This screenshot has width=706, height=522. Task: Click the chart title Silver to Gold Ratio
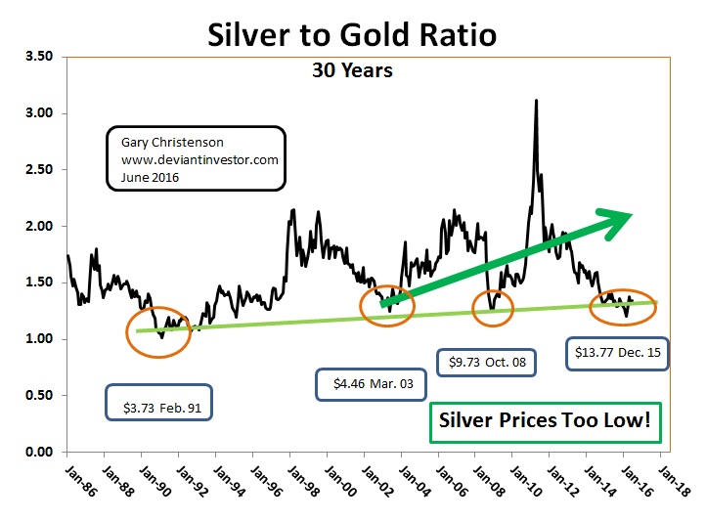click(352, 34)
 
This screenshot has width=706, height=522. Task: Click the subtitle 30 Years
click(352, 70)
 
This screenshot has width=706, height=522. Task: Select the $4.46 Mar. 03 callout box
click(373, 384)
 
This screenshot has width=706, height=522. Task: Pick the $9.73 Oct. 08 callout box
click(486, 363)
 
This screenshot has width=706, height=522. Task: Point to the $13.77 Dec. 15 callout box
click(618, 354)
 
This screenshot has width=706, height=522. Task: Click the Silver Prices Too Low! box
click(545, 422)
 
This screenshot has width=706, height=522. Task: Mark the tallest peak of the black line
click(536, 101)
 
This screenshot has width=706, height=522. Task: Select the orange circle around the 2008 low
click(493, 308)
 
